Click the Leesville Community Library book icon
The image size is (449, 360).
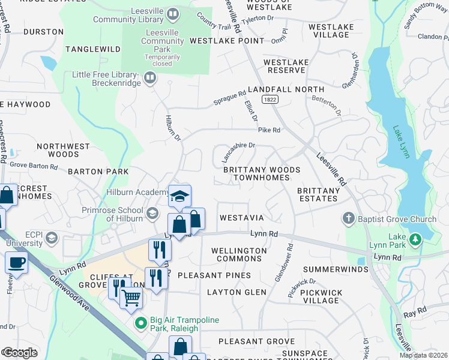[x=173, y=13]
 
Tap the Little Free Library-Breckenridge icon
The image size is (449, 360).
[x=149, y=78]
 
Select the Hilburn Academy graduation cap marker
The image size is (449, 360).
[x=179, y=196]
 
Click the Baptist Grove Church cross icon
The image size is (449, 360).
[x=349, y=218]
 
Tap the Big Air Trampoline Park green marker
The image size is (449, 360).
[x=141, y=323]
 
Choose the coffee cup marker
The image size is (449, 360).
[x=16, y=263]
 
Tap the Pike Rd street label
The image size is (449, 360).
[x=269, y=130]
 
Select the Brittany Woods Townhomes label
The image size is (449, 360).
[x=261, y=174]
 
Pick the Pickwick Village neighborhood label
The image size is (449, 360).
[x=321, y=296]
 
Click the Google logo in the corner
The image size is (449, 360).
[x=20, y=353]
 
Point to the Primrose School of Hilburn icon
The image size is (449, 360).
[x=153, y=213]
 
